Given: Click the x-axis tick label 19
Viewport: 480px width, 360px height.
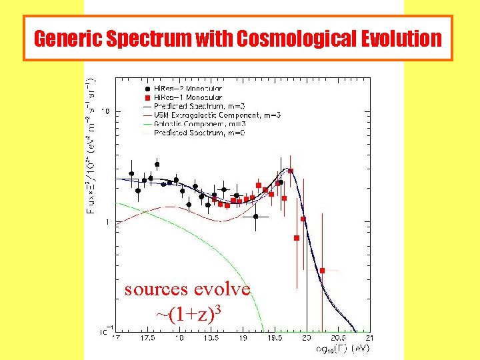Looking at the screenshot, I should [x=243, y=339].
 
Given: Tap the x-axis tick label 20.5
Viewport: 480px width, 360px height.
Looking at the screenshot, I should [x=338, y=339].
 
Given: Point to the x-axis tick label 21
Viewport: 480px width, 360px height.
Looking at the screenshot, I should [x=369, y=339].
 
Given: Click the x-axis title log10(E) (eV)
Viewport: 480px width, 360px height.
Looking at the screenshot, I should [x=341, y=348].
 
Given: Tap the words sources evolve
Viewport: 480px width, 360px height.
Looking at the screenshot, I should [x=187, y=289].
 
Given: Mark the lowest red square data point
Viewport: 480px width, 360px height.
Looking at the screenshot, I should [x=322, y=271].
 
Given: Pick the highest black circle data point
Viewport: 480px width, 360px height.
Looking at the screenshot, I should [x=157, y=164].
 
